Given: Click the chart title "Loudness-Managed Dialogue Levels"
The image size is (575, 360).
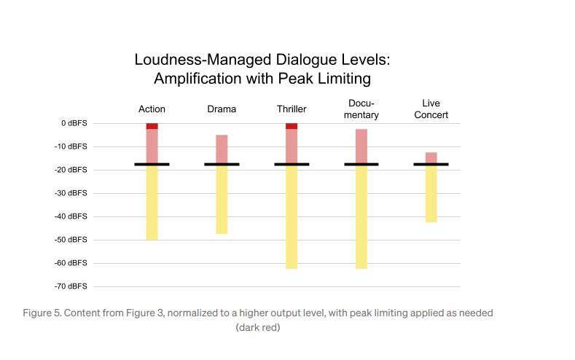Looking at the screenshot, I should pos(267,60).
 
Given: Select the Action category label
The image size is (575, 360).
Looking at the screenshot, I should pos(152,109).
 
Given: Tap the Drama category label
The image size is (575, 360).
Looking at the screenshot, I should pos(222,109).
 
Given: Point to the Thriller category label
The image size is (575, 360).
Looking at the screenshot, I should pos(292,109).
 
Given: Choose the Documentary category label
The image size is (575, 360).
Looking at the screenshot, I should pos(361,109).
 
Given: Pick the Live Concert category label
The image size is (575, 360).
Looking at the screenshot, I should pos(431,109).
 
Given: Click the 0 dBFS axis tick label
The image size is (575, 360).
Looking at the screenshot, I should pos(74,123).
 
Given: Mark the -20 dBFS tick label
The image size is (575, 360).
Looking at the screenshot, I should pos(71,170).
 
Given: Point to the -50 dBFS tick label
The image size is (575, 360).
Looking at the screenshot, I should pos(71,240).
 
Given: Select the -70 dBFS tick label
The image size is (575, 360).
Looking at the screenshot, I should pos(71,286).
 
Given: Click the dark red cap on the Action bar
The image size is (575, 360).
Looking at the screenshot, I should pos(152,126).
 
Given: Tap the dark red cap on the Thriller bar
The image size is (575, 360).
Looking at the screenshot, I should pos(292,126).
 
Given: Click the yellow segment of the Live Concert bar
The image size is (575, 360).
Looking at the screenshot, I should pos(431,194).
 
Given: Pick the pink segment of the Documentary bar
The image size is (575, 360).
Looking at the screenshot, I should pos(361,146).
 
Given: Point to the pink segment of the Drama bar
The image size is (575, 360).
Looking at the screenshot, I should pos(222,149).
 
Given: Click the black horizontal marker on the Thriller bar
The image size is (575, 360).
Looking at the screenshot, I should pos(292,165).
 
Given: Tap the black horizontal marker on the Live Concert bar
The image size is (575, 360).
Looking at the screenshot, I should pos(431,165).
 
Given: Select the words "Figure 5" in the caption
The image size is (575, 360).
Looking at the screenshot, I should pos(42,313).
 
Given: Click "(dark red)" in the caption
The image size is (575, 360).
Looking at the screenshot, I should pos(258,328).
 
